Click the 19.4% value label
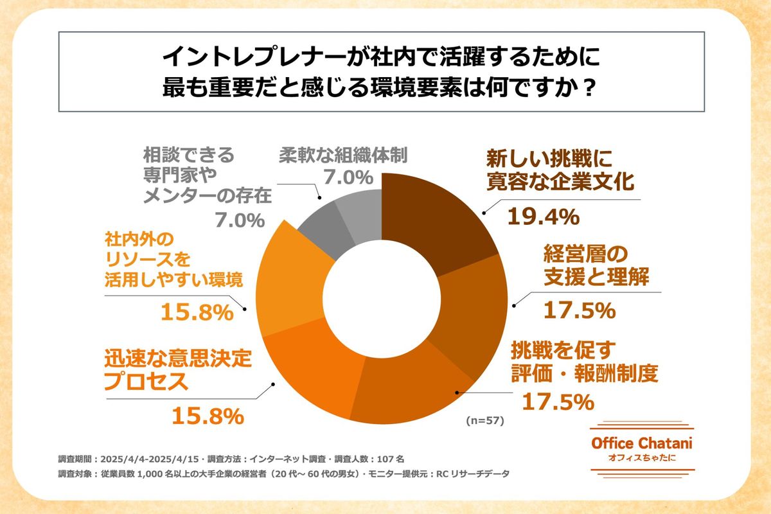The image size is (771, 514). coord(544,217)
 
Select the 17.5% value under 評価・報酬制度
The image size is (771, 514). coord(556,402)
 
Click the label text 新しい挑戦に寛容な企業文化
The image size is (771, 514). coord(560,170)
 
